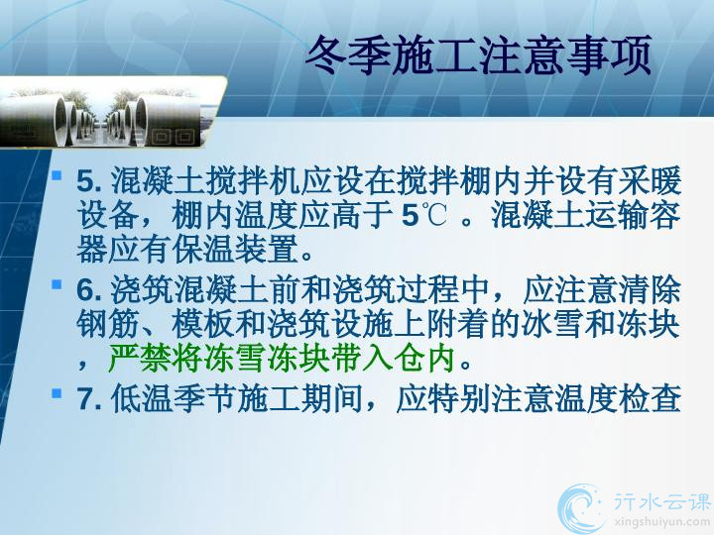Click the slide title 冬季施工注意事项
(479, 55)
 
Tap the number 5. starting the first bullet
(89, 181)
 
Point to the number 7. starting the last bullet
(89, 399)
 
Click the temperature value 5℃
(424, 216)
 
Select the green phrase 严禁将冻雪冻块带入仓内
(282, 360)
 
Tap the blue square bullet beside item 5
(57, 175)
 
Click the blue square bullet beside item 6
(57, 284)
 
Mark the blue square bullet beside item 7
(57, 392)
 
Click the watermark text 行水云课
(662, 501)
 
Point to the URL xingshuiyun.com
(662, 522)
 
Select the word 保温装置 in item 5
(235, 250)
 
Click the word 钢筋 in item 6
(108, 323)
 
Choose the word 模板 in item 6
(203, 323)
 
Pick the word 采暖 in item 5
(650, 180)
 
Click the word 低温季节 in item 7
(173, 399)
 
